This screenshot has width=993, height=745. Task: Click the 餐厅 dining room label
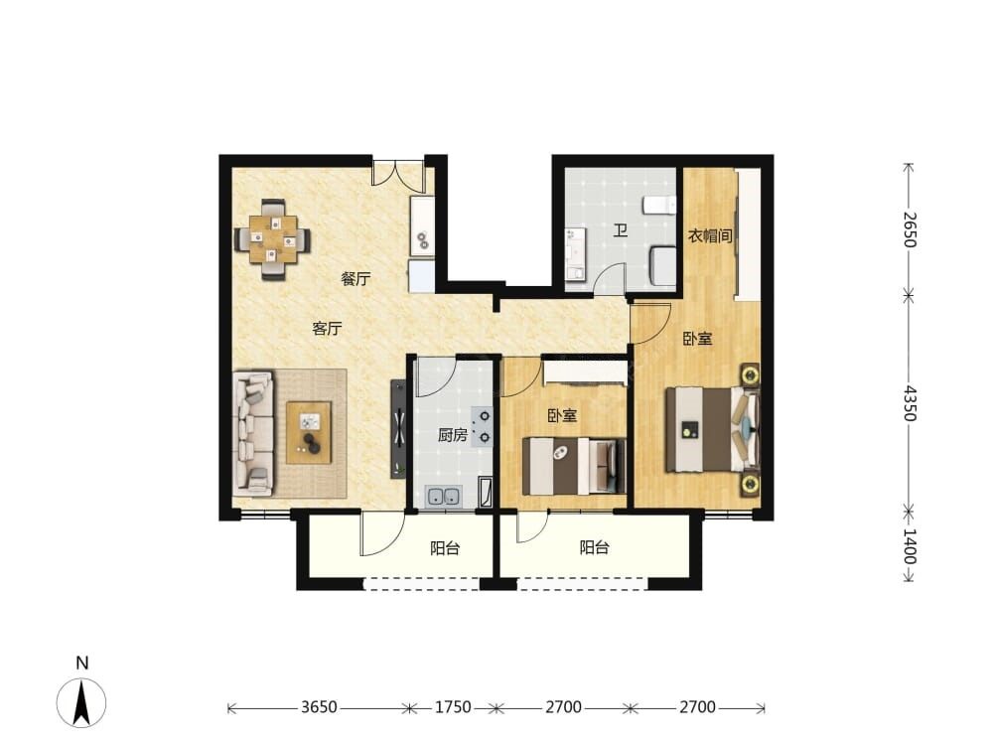[355, 279]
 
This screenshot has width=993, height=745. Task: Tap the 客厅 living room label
[327, 328]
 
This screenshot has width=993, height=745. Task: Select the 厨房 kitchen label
[452, 435]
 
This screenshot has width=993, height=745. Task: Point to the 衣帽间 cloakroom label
[710, 236]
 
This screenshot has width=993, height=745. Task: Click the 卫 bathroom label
[620, 230]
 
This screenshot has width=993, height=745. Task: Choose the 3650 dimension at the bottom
[319, 707]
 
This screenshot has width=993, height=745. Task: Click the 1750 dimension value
[453, 707]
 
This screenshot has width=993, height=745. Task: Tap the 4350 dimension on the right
[909, 403]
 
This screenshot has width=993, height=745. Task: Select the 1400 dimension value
[909, 546]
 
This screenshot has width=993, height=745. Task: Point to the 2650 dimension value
[909, 229]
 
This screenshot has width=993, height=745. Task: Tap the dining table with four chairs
[273, 239]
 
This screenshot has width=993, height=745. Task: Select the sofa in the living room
[253, 433]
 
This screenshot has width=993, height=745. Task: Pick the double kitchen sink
[444, 497]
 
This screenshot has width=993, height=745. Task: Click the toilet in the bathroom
[659, 206]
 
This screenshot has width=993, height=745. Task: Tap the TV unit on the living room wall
[398, 429]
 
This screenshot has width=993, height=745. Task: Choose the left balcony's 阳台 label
[445, 548]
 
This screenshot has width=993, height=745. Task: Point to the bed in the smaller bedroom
[574, 466]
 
